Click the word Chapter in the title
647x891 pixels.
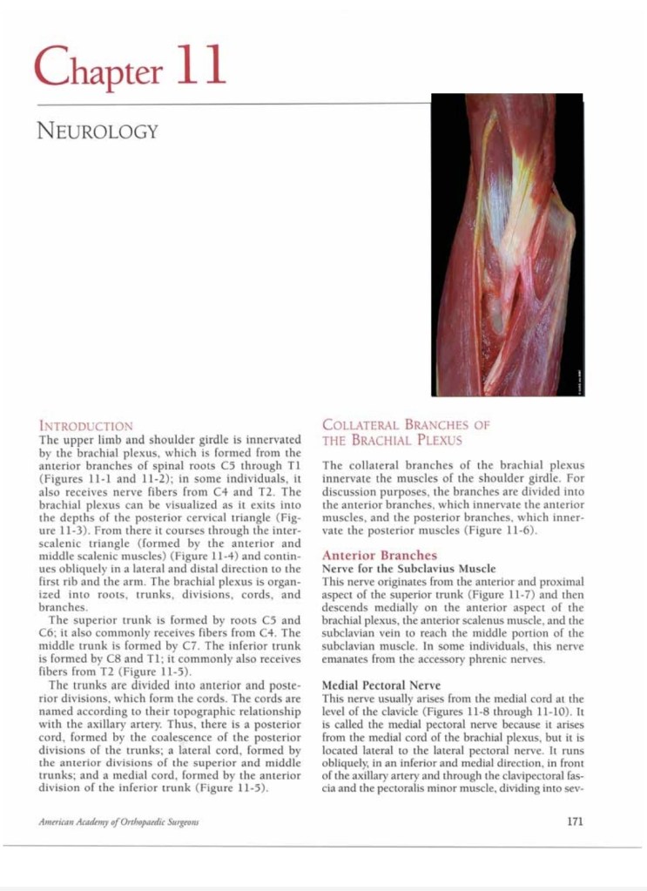pyautogui.click(x=98, y=67)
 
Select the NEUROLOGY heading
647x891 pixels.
pyautogui.click(x=97, y=132)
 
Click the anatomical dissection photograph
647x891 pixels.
pyautogui.click(x=506, y=245)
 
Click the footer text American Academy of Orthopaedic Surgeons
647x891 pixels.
pyautogui.click(x=119, y=821)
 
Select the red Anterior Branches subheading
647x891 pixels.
pyautogui.click(x=380, y=555)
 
